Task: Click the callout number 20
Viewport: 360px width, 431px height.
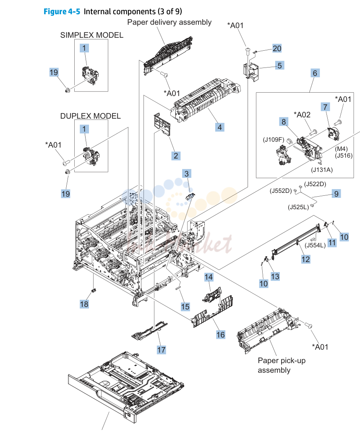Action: tap(277, 48)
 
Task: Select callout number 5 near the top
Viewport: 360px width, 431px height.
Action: tap(279, 65)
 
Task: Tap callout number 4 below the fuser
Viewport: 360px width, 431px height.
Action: tap(219, 127)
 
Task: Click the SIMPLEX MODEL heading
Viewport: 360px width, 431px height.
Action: tap(92, 35)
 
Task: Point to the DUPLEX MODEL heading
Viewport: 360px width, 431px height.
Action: tap(91, 116)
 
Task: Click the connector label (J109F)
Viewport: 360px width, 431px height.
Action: tap(274, 140)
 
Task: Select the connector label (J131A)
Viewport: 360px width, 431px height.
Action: tap(322, 170)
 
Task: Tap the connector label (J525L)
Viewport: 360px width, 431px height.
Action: tap(298, 207)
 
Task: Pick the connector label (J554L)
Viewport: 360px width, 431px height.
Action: tap(315, 245)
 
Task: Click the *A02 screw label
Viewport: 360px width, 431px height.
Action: tap(302, 114)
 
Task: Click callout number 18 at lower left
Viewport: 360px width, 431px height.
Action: tap(84, 304)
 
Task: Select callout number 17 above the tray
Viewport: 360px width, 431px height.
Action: tap(162, 350)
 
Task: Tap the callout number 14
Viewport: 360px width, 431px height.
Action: tap(209, 277)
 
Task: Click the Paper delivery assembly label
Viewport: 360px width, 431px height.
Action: tap(170, 22)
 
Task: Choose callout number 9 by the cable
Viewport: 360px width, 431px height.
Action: tap(337, 194)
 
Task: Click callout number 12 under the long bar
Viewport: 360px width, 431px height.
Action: tap(306, 259)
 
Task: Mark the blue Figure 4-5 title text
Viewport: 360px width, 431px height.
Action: tap(62, 12)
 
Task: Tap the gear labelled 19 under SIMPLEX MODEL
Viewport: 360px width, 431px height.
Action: tap(67, 90)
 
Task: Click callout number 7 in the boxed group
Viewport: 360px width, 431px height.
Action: tap(325, 107)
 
